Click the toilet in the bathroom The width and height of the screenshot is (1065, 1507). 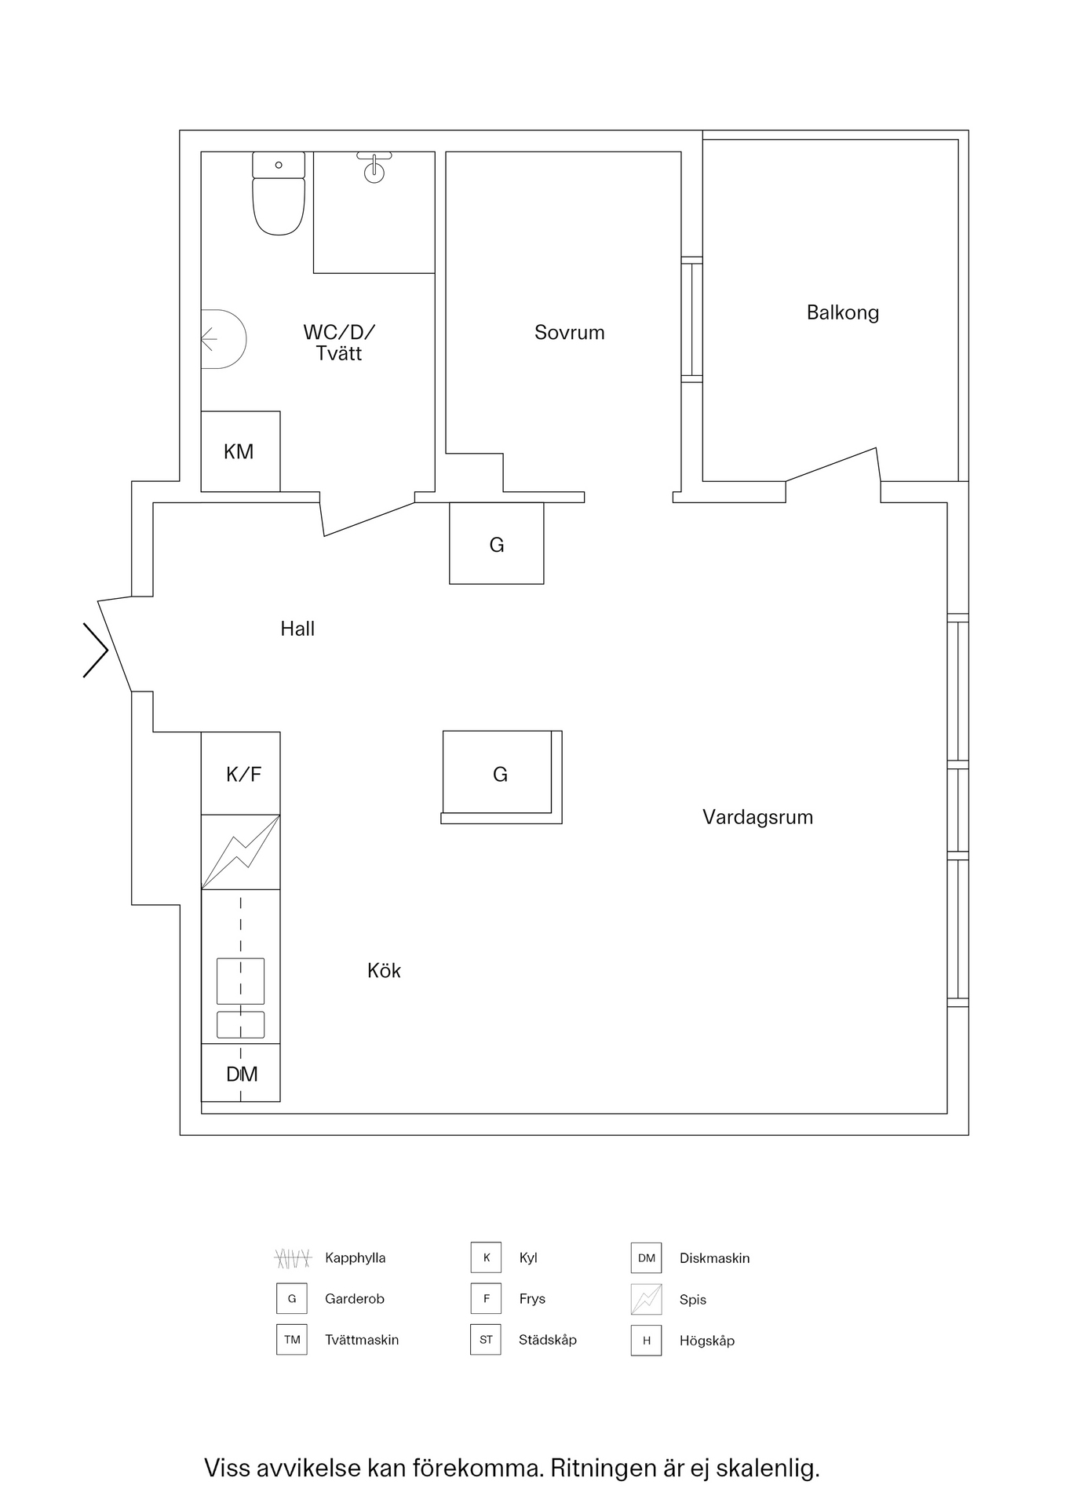click(279, 193)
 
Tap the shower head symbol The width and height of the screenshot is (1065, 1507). click(374, 167)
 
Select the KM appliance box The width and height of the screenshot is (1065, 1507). click(240, 451)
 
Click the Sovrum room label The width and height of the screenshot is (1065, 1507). click(569, 332)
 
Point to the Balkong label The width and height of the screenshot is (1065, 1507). click(842, 312)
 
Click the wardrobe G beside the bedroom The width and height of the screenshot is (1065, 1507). click(496, 544)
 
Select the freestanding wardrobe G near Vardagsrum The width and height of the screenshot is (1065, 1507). click(501, 775)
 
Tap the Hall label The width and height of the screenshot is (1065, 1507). click(297, 628)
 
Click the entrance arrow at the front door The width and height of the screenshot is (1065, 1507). click(96, 650)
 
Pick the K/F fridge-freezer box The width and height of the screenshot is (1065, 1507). click(240, 773)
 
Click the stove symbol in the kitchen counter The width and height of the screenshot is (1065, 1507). click(240, 852)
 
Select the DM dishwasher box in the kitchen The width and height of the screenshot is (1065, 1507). click(240, 1073)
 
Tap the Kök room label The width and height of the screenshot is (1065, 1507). click(384, 970)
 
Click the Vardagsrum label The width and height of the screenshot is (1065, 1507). click(757, 817)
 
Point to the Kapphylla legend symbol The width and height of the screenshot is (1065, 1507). click(293, 1258)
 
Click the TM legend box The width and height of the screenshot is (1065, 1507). click(292, 1340)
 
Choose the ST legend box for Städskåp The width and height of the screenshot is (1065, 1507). click(486, 1340)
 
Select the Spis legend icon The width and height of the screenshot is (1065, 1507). click(647, 1299)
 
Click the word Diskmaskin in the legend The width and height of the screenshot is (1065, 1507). click(714, 1258)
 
